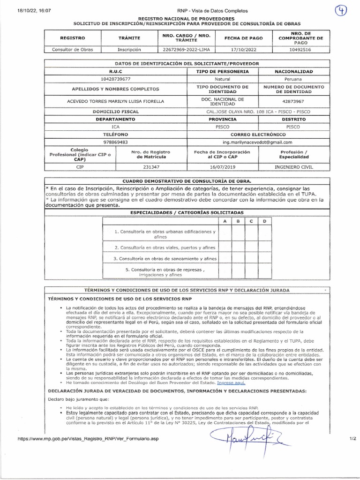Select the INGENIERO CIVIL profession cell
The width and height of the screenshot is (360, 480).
click(x=293, y=167)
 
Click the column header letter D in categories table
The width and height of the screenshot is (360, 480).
click(x=265, y=221)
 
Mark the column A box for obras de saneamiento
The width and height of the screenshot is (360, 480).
click(x=225, y=258)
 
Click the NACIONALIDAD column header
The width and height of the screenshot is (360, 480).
click(x=293, y=72)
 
